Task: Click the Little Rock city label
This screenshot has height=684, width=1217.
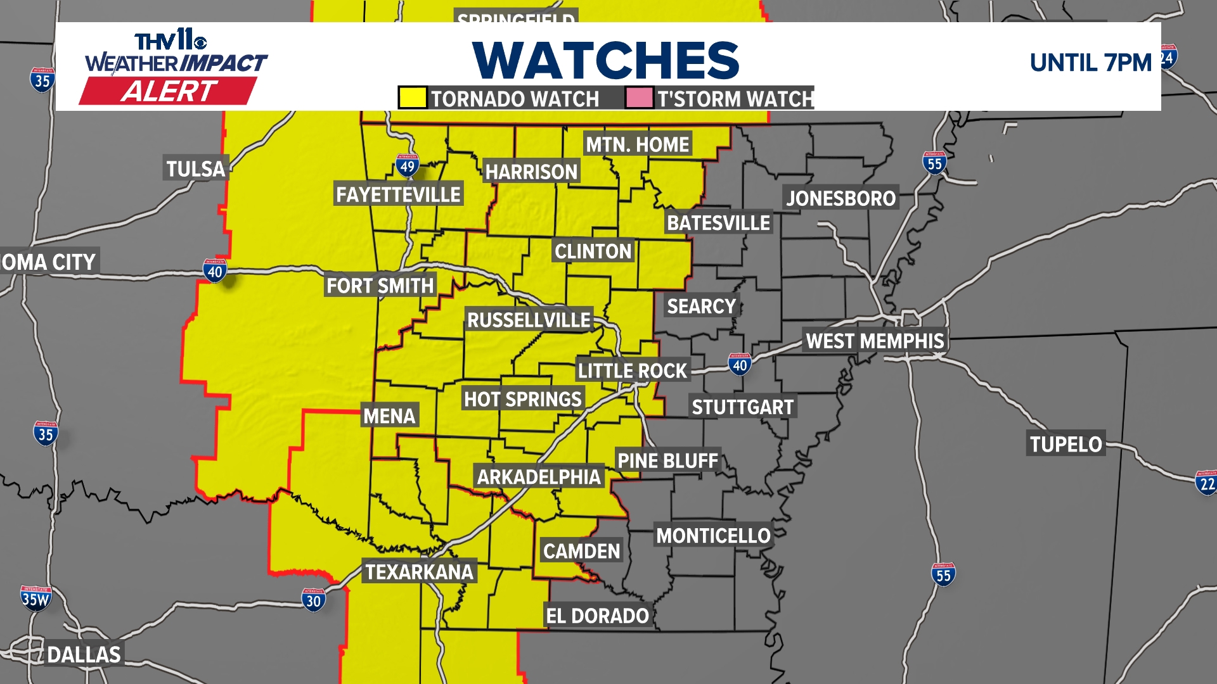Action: (632, 370)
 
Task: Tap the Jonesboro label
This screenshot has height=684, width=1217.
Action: (840, 198)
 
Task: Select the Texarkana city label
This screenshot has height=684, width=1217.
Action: (419, 572)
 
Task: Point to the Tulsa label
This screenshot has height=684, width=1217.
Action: (195, 168)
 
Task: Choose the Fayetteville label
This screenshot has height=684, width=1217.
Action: (398, 194)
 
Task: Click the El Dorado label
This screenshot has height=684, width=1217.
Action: (597, 616)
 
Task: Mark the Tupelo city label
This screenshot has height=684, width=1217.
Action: (1066, 444)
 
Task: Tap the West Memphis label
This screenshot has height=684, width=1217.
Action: (875, 341)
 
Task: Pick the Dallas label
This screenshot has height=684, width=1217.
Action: (84, 654)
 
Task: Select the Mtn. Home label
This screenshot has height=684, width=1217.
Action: (637, 144)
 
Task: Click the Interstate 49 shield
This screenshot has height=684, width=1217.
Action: (407, 166)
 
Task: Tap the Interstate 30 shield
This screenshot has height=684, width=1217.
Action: (314, 600)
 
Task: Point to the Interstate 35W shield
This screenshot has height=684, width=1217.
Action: (35, 598)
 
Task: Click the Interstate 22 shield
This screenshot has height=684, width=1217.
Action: (1206, 483)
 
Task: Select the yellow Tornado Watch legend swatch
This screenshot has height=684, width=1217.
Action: (412, 98)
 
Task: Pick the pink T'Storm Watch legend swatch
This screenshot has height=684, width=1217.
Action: (639, 98)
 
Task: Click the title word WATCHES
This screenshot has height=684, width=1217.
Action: (605, 61)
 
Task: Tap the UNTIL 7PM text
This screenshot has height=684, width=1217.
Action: (1090, 63)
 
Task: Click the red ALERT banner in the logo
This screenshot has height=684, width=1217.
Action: (169, 91)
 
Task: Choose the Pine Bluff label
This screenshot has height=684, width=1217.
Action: (667, 460)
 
